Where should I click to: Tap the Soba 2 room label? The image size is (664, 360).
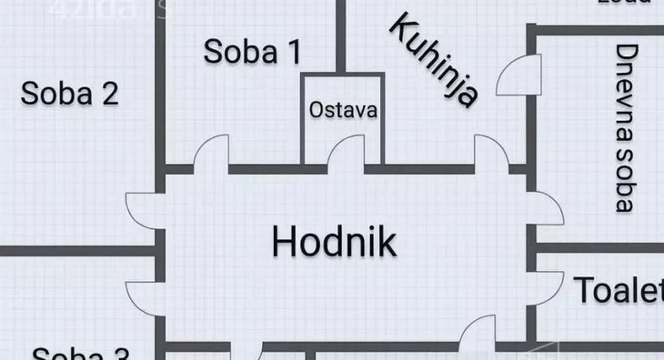click(70, 93)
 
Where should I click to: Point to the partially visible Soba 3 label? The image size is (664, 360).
click(81, 353)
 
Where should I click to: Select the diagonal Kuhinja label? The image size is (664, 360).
click(434, 60)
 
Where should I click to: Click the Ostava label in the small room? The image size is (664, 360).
click(342, 110)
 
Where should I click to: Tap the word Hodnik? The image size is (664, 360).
click(334, 242)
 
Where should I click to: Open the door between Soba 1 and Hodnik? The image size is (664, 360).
click(211, 153)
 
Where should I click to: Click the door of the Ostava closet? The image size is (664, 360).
click(347, 152)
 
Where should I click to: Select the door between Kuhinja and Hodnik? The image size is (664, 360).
click(492, 153)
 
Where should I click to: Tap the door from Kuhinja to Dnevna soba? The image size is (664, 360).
click(519, 75)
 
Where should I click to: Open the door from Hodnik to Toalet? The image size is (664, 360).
click(477, 336)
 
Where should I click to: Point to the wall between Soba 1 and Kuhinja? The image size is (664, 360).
click(340, 36)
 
